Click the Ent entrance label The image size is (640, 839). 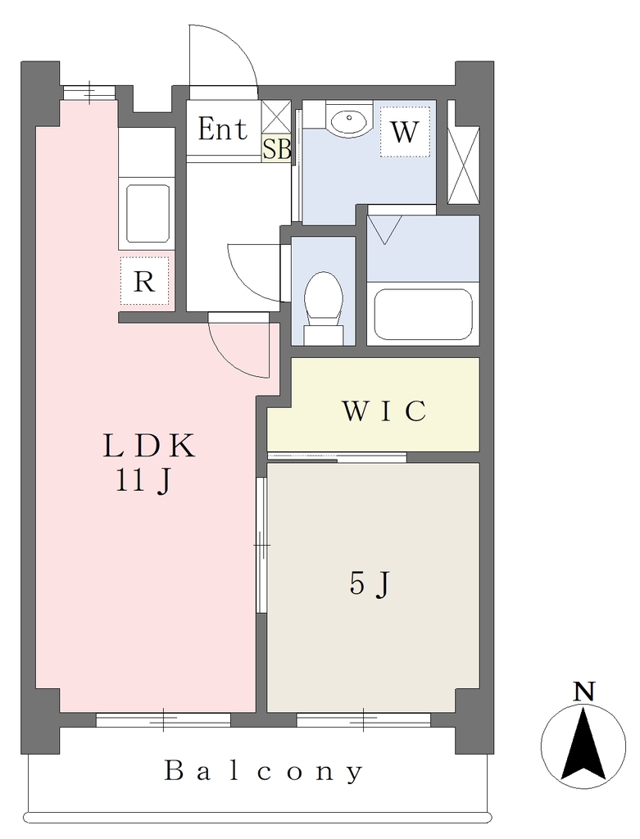pyautogui.click(x=223, y=129)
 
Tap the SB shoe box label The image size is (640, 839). pyautogui.click(x=277, y=149)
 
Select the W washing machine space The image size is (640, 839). pyautogui.click(x=405, y=131)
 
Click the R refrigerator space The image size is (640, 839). pyautogui.click(x=144, y=281)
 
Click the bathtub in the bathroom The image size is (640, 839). pyautogui.click(x=423, y=314)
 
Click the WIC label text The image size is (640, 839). pyautogui.click(x=384, y=410)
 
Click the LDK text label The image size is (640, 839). pyautogui.click(x=149, y=447)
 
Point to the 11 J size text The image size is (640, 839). pyautogui.click(x=143, y=480)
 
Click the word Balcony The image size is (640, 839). pyautogui.click(x=263, y=771)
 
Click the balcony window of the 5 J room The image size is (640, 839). pyautogui.click(x=363, y=719)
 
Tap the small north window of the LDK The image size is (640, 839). pyautogui.click(x=89, y=92)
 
